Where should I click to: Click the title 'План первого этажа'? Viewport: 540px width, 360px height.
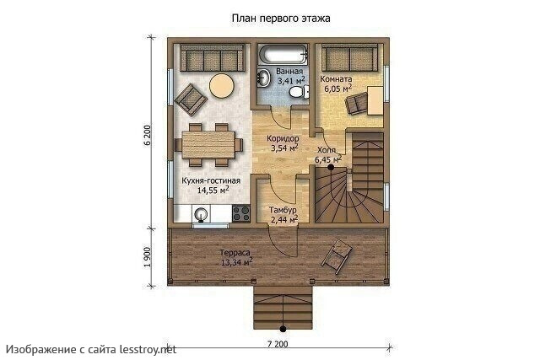click(281, 19)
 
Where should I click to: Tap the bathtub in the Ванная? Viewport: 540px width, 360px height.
click(283, 54)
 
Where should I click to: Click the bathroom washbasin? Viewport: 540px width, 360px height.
click(264, 78)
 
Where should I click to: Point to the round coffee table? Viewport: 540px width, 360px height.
click(221, 86)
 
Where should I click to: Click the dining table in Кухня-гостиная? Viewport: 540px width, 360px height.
click(208, 144)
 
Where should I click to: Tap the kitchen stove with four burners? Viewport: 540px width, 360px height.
click(241, 213)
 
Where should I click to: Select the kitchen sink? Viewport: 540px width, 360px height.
click(201, 214)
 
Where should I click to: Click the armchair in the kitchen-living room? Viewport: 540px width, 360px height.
click(191, 99)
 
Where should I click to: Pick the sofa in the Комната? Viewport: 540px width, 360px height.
click(349, 57)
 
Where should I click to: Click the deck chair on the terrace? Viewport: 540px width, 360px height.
click(337, 256)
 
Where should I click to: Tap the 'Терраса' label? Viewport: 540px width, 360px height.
click(235, 253)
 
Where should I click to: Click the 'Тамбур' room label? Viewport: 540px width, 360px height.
click(283, 210)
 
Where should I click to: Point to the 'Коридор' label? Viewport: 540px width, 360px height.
click(283, 139)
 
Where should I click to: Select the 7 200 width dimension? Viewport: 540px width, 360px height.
click(278, 344)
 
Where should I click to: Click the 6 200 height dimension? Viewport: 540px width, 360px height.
click(147, 135)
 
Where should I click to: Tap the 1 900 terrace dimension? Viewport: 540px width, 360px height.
click(147, 257)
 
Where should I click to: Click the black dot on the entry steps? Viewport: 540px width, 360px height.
click(283, 329)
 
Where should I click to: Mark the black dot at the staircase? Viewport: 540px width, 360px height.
click(331, 167)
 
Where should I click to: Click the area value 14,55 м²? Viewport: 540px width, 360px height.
click(213, 190)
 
